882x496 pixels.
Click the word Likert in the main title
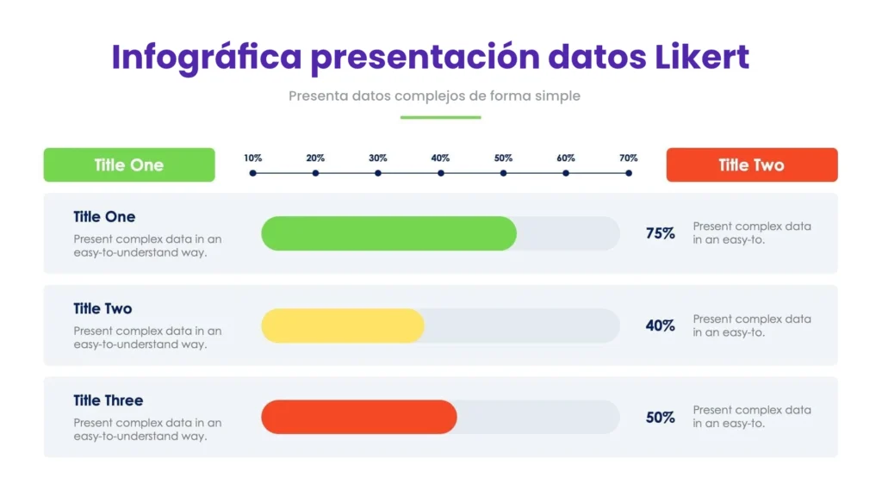(x=702, y=57)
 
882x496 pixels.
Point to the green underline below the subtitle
(x=440, y=117)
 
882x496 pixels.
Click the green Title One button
(x=129, y=164)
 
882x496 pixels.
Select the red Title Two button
(x=752, y=164)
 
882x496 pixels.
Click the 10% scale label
(x=253, y=158)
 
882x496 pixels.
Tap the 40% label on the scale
(x=440, y=158)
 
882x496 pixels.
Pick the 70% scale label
(x=628, y=158)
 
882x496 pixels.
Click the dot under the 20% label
(x=315, y=173)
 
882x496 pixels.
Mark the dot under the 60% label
(x=566, y=173)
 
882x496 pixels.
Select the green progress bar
(x=388, y=233)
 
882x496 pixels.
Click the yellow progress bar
(x=343, y=325)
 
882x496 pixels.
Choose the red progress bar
(x=359, y=417)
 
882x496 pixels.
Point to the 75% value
(x=661, y=233)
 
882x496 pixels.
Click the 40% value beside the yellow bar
(x=661, y=325)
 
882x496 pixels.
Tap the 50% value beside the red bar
(x=661, y=418)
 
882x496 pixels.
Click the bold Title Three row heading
(x=108, y=400)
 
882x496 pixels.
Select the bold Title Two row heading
(x=102, y=309)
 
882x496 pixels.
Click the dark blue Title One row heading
(x=104, y=216)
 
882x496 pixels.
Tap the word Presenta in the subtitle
(x=319, y=96)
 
